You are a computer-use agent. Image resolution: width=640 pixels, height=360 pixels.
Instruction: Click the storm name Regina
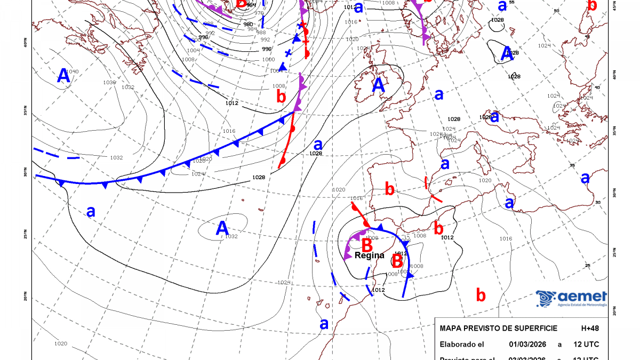coord(370,255)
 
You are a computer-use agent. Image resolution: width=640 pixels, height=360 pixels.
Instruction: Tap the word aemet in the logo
coord(582,297)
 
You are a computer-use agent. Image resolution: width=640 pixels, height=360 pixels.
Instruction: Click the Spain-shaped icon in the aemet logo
coord(546,299)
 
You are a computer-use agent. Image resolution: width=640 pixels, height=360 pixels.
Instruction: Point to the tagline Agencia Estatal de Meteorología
coord(582,305)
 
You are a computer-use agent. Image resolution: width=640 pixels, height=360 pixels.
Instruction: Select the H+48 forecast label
coord(589,327)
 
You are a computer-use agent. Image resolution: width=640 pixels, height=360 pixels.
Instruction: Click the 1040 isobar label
coord(72,71)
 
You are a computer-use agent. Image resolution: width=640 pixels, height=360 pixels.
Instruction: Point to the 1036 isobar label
coord(109,82)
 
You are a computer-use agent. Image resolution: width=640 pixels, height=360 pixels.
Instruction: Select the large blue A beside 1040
coord(63,77)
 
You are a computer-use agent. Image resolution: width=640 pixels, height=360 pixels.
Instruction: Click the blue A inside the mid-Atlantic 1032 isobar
coord(222,228)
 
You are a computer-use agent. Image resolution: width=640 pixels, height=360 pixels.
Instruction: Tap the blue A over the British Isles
coord(378,85)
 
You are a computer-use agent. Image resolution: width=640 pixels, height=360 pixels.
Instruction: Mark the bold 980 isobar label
coord(248,24)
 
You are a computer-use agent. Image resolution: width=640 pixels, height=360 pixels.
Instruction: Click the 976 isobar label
coord(259,13)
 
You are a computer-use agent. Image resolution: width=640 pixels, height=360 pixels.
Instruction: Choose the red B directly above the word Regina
coord(367,245)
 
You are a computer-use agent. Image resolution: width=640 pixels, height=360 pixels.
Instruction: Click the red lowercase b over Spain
coord(389,188)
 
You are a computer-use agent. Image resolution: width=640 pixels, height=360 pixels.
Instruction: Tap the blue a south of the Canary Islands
coord(323,323)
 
